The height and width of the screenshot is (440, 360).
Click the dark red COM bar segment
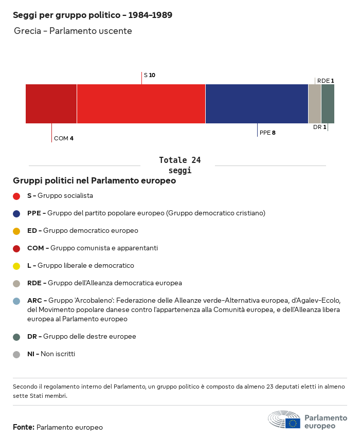[x=51, y=104]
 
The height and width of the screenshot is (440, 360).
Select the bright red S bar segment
[x=141, y=104]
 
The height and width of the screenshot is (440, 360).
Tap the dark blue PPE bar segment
[x=257, y=104]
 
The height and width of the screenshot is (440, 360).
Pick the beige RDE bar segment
[x=314, y=104]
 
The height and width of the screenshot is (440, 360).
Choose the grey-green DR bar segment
[x=328, y=104]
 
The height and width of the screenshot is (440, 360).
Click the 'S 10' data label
[x=149, y=75]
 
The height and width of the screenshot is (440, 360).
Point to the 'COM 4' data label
[x=64, y=138]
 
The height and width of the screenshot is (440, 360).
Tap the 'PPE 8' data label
[x=267, y=133]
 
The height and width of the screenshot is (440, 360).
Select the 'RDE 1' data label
[x=326, y=81]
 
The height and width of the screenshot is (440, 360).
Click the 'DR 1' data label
[x=319, y=127]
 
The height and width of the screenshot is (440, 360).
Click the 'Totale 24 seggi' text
[x=179, y=165]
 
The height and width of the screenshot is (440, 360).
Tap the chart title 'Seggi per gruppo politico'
[x=93, y=15]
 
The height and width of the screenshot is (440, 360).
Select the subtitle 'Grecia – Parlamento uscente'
[x=73, y=31]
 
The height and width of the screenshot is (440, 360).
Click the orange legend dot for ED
[x=16, y=231]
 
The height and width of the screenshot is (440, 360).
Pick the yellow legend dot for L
[x=16, y=266]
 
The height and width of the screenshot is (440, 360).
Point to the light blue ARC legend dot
[x=16, y=301]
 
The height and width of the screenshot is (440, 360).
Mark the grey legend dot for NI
[x=16, y=354]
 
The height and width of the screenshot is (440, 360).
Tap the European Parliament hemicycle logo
[x=284, y=420]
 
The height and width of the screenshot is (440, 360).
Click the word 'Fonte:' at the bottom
[x=24, y=427]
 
